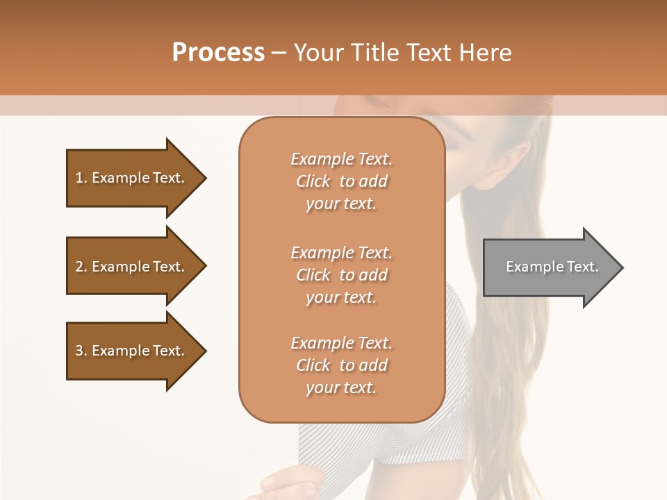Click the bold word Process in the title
click(x=218, y=53)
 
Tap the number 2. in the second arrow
click(x=81, y=267)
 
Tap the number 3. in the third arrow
click(x=81, y=351)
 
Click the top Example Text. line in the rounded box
click(x=341, y=159)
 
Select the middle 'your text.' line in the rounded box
click(x=341, y=297)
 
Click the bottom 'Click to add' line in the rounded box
click(x=341, y=365)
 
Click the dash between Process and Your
click(x=279, y=53)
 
